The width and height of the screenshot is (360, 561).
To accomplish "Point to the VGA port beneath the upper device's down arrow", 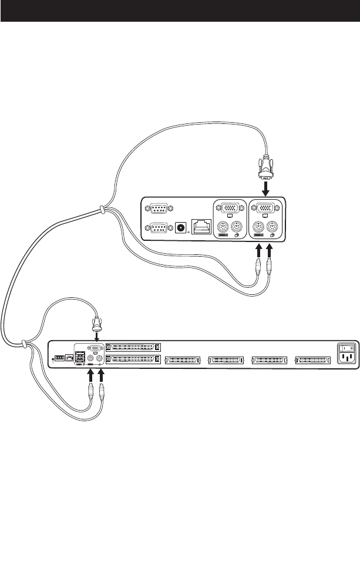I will (x=265, y=208).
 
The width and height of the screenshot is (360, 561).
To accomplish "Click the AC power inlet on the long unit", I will (x=345, y=360).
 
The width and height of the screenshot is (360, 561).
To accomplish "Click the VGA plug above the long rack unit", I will (x=96, y=325).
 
